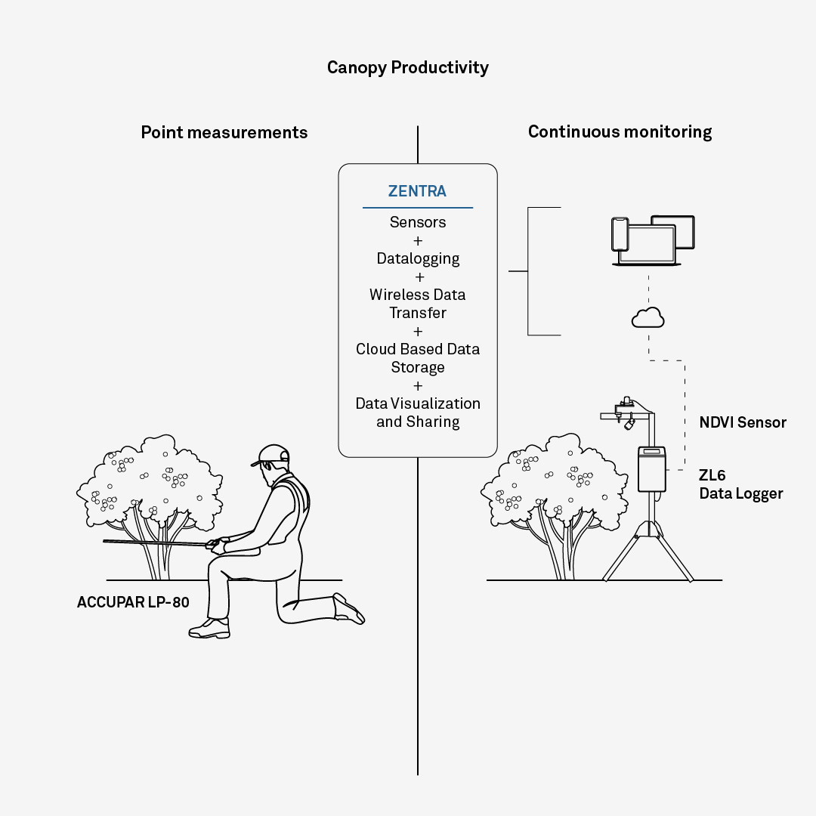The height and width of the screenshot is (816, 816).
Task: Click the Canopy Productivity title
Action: point(407,68)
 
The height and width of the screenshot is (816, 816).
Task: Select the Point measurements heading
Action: point(224,132)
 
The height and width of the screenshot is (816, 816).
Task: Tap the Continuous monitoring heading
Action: point(620,131)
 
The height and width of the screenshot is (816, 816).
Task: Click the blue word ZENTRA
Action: point(417,191)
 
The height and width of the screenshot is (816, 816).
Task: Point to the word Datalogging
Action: point(418,258)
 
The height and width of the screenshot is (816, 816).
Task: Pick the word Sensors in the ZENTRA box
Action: point(418,222)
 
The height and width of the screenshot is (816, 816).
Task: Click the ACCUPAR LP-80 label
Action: point(133,602)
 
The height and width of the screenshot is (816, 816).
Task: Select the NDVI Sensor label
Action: point(743,422)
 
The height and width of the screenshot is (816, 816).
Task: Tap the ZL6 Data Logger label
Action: point(740,484)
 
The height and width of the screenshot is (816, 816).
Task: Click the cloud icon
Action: point(648,317)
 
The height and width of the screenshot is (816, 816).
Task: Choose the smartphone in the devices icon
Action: point(620,234)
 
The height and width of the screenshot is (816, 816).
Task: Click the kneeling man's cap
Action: point(272,455)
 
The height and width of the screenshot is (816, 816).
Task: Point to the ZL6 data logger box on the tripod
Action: point(651,469)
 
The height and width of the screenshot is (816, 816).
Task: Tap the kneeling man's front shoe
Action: point(209,629)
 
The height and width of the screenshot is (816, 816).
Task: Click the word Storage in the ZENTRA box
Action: point(418,367)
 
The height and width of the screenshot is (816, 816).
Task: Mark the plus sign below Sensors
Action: point(418,241)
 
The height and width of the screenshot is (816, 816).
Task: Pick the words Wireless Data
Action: point(417,295)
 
